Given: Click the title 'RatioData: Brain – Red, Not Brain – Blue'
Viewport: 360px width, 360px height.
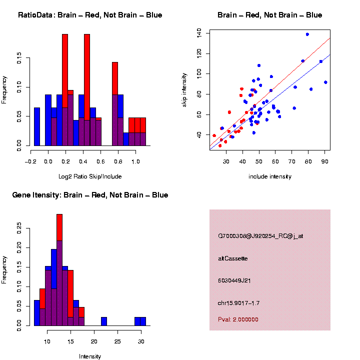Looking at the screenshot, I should pos(90,15).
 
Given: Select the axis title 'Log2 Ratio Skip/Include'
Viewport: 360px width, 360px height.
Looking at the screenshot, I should pos(90,176).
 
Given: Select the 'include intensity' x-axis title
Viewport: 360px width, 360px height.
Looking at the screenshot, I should pos(270,176).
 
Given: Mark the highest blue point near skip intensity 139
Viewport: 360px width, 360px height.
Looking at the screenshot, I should pos(307,34).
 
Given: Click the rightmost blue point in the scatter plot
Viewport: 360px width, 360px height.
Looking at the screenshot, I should pos(325,82).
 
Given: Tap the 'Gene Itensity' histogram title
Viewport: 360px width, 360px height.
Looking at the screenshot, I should pos(90,195).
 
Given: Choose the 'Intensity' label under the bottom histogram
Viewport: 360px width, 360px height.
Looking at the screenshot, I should pos(90,356).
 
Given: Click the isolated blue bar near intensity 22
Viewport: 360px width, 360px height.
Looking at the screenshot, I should pos(104,321).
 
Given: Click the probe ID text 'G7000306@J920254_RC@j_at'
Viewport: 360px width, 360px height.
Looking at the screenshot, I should pos(260,236).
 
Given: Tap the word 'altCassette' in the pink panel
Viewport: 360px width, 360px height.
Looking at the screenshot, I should pos(233,258).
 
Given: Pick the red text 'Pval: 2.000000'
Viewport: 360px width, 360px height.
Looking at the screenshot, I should pos(238,319).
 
